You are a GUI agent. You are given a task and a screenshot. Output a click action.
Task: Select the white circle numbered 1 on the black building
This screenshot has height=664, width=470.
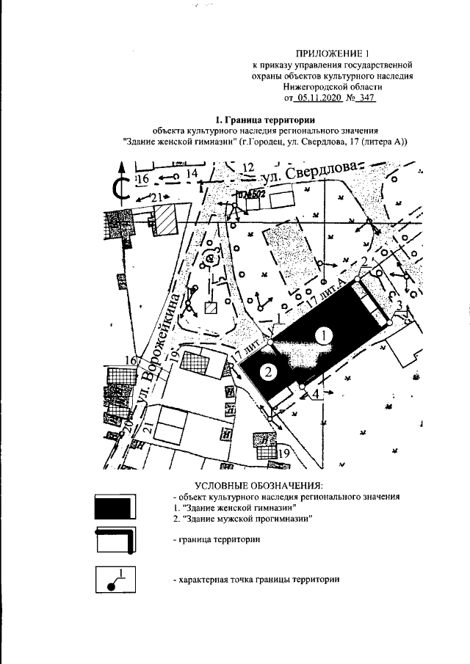(325, 335)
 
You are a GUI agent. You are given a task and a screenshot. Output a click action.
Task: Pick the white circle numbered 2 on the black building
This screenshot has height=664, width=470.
(270, 371)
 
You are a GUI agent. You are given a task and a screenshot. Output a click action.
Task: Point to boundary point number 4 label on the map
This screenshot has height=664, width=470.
(316, 394)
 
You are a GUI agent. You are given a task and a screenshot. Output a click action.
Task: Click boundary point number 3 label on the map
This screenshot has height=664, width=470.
(399, 305)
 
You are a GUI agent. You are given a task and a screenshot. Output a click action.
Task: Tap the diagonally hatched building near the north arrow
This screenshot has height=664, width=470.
(167, 219)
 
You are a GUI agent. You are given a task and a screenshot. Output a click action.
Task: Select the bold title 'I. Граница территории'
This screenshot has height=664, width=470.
(266, 120)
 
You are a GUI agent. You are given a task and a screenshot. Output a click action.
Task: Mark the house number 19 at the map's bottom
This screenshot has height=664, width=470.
(283, 453)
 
